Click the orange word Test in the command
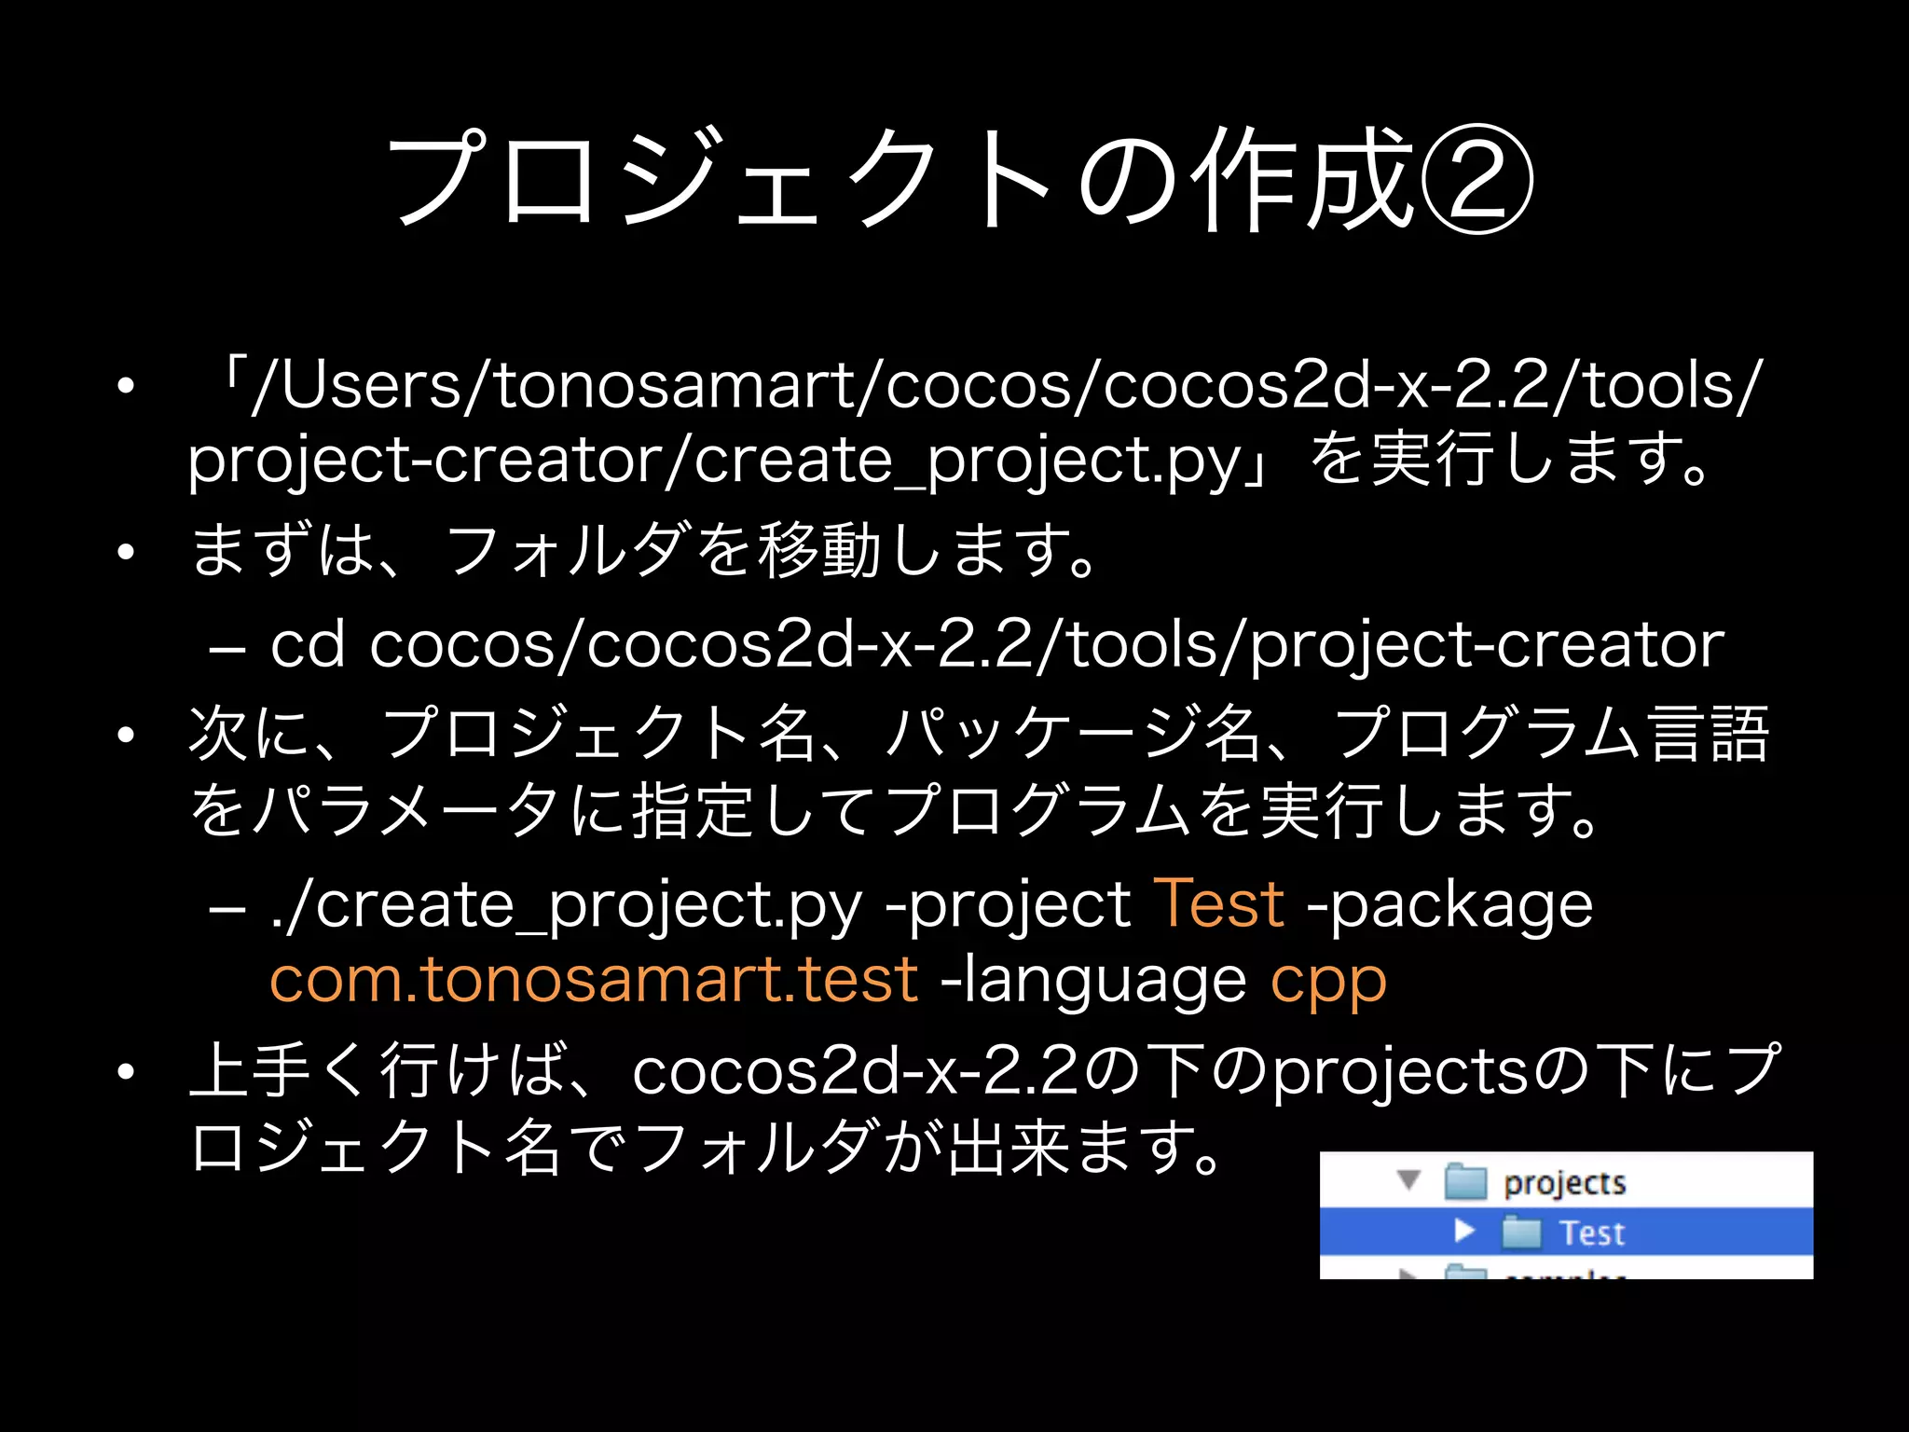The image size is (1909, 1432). (1219, 903)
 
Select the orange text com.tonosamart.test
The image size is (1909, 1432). (594, 979)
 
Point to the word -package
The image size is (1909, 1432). (1450, 905)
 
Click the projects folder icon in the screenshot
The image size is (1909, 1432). (1464, 1181)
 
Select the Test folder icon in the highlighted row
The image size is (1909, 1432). (1522, 1232)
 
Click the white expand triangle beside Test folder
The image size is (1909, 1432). (1464, 1232)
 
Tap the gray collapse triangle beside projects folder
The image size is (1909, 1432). (1409, 1180)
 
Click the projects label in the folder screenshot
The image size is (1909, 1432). (1564, 1183)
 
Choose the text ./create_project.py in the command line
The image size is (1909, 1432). (566, 905)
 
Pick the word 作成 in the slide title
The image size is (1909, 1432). (1305, 179)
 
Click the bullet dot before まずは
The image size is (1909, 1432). (126, 552)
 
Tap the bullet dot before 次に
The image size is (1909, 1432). (126, 735)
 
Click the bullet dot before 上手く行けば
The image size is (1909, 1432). (126, 1072)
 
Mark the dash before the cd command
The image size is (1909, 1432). (227, 646)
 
